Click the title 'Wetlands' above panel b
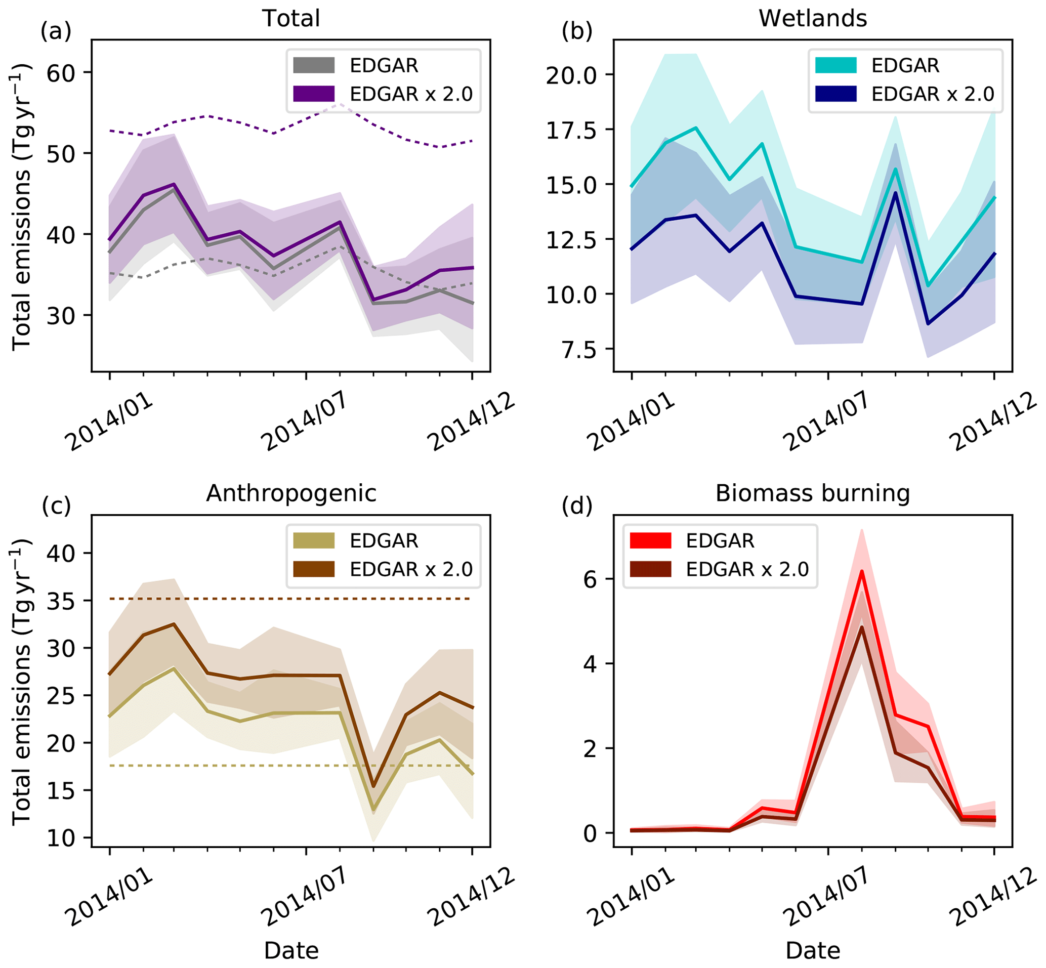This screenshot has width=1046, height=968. tap(812, 18)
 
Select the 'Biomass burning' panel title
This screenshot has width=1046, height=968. tap(812, 493)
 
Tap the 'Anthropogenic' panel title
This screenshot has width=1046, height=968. tap(291, 493)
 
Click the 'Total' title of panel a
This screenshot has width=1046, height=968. tap(291, 18)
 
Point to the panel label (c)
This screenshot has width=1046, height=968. tap(56, 506)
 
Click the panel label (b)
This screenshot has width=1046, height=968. tap(577, 31)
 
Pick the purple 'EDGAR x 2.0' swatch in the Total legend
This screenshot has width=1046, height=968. tap(314, 94)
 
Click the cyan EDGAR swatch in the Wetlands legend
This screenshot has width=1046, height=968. tap(835, 65)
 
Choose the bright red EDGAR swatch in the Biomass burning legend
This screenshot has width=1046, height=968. tap(650, 540)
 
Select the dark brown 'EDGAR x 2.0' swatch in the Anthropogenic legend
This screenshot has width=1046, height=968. tap(314, 569)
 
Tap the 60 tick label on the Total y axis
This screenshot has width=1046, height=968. tap(62, 73)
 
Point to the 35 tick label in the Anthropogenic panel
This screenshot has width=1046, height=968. tap(62, 601)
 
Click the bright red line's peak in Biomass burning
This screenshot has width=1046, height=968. tap(862, 571)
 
